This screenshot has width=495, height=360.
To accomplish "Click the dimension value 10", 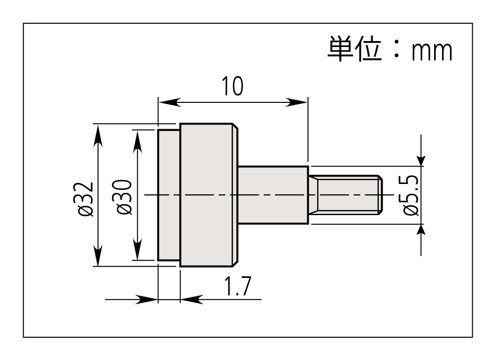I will point(232,87).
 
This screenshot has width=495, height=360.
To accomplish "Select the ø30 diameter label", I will point(124,197).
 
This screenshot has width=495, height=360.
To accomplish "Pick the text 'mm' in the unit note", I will point(432,51).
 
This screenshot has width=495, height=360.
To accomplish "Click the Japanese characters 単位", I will point(354,49).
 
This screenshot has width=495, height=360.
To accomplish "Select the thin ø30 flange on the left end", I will point(169,195).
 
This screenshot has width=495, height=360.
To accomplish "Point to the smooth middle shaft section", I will point(273,195).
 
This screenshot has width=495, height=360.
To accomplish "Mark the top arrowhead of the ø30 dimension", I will point(138,139).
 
